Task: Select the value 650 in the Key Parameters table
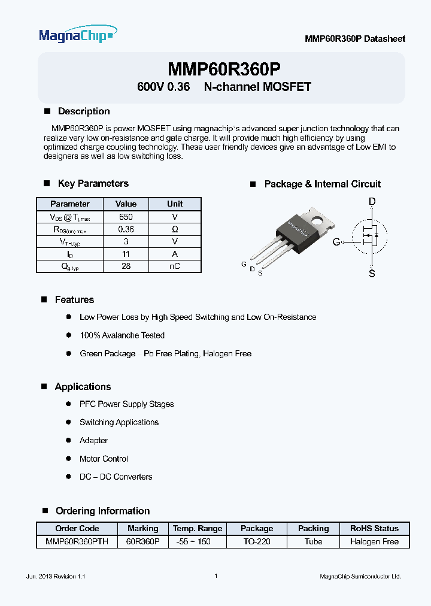click(x=126, y=217)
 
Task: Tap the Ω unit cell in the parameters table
click(x=175, y=229)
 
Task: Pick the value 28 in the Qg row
click(x=126, y=266)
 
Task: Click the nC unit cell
click(x=175, y=266)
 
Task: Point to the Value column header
click(x=126, y=204)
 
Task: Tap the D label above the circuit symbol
click(x=372, y=202)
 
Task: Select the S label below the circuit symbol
click(x=372, y=274)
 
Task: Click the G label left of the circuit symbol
click(x=336, y=242)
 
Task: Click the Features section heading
click(x=74, y=299)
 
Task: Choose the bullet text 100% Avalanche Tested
click(x=122, y=335)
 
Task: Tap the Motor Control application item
click(x=104, y=459)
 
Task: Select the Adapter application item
click(x=93, y=440)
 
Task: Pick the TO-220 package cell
click(x=257, y=541)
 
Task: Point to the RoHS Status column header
click(x=374, y=528)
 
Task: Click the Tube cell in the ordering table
click(x=313, y=541)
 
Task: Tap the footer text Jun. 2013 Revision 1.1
click(x=56, y=576)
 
